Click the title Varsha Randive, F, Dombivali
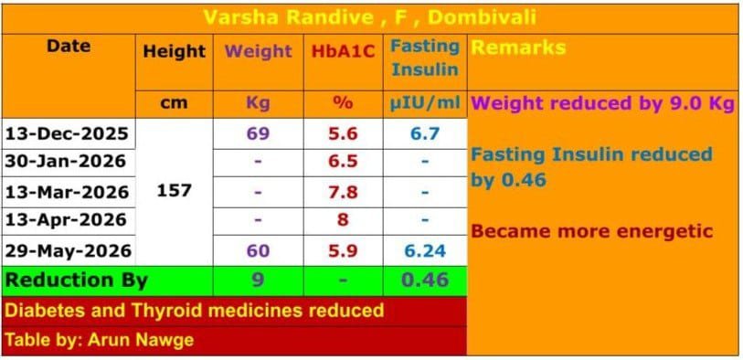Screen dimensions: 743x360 370,18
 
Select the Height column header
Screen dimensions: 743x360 174,51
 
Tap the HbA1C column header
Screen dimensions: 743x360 343,51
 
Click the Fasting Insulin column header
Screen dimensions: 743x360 425,58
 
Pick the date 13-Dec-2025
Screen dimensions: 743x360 67,133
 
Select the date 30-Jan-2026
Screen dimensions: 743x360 66,162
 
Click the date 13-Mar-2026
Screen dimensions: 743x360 67,192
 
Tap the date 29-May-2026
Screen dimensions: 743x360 68,250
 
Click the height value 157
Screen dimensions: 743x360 174,191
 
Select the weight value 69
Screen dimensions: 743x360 258,133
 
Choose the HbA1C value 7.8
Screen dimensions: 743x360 343,192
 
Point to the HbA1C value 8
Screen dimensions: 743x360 343,220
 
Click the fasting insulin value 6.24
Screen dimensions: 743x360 425,250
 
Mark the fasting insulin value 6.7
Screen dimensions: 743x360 425,133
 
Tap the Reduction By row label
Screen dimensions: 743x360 76,281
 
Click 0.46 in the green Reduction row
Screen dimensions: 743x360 425,281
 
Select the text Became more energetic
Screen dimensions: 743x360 592,232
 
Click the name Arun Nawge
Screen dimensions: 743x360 141,340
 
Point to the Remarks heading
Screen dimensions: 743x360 519,48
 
